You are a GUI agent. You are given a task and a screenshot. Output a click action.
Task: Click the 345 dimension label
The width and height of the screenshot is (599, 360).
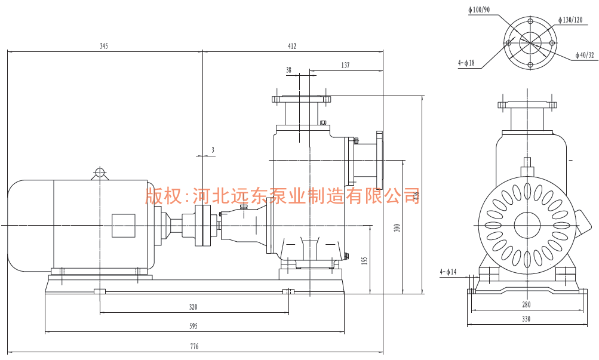click(104, 46)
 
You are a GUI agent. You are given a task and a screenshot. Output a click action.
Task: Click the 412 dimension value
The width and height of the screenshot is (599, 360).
click(292, 46)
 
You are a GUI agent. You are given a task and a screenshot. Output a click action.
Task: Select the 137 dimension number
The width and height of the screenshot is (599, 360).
click(345, 65)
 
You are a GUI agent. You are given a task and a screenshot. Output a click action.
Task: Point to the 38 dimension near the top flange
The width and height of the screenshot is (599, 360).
click(289, 70)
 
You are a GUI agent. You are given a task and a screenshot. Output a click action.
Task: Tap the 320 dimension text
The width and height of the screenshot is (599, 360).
click(193, 307)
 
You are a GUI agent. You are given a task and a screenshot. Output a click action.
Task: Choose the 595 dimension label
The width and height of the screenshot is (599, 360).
click(193, 326)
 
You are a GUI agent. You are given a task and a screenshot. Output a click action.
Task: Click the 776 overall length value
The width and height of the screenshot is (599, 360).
click(194, 346)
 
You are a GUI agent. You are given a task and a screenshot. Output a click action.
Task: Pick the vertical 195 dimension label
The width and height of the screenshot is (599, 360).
click(365, 260)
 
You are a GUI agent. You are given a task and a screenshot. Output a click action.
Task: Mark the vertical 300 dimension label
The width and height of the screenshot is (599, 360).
click(397, 227)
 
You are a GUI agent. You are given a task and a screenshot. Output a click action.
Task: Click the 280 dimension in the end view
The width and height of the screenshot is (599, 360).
click(526, 304)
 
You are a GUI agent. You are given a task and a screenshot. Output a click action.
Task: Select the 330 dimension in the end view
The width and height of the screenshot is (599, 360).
click(526, 319)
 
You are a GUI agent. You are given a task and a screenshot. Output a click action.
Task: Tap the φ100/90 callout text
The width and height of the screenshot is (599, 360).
click(479, 10)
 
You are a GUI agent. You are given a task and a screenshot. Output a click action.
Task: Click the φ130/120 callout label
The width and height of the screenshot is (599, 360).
click(571, 20)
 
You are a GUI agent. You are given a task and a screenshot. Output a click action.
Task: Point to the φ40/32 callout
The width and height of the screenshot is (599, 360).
click(585, 55)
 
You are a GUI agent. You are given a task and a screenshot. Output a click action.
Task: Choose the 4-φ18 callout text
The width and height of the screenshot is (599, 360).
click(466, 62)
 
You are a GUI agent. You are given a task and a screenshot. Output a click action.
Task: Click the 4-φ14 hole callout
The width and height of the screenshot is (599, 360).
click(448, 272)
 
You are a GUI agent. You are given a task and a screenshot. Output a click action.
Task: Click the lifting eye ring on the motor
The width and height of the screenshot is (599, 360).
click(100, 173)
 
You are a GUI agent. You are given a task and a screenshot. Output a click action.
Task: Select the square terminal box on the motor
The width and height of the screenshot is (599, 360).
click(124, 226)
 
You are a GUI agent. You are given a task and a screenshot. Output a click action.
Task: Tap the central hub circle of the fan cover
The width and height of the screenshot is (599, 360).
click(526, 226)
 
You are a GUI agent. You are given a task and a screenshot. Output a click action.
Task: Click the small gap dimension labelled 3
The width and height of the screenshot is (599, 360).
click(213, 150)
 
